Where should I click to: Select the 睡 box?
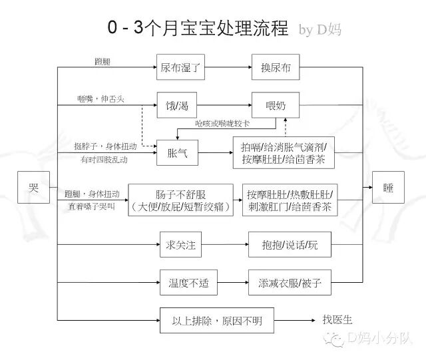387,187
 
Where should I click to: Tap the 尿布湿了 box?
180,67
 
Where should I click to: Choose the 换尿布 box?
276,67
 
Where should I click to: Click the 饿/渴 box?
177,105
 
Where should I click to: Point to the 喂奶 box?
276,105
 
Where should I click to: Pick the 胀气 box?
177,153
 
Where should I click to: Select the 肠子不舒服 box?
180,200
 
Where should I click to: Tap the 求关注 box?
180,245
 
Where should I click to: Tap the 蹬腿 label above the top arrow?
103,61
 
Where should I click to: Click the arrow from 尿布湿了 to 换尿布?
227,67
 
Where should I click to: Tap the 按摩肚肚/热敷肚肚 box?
290,200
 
